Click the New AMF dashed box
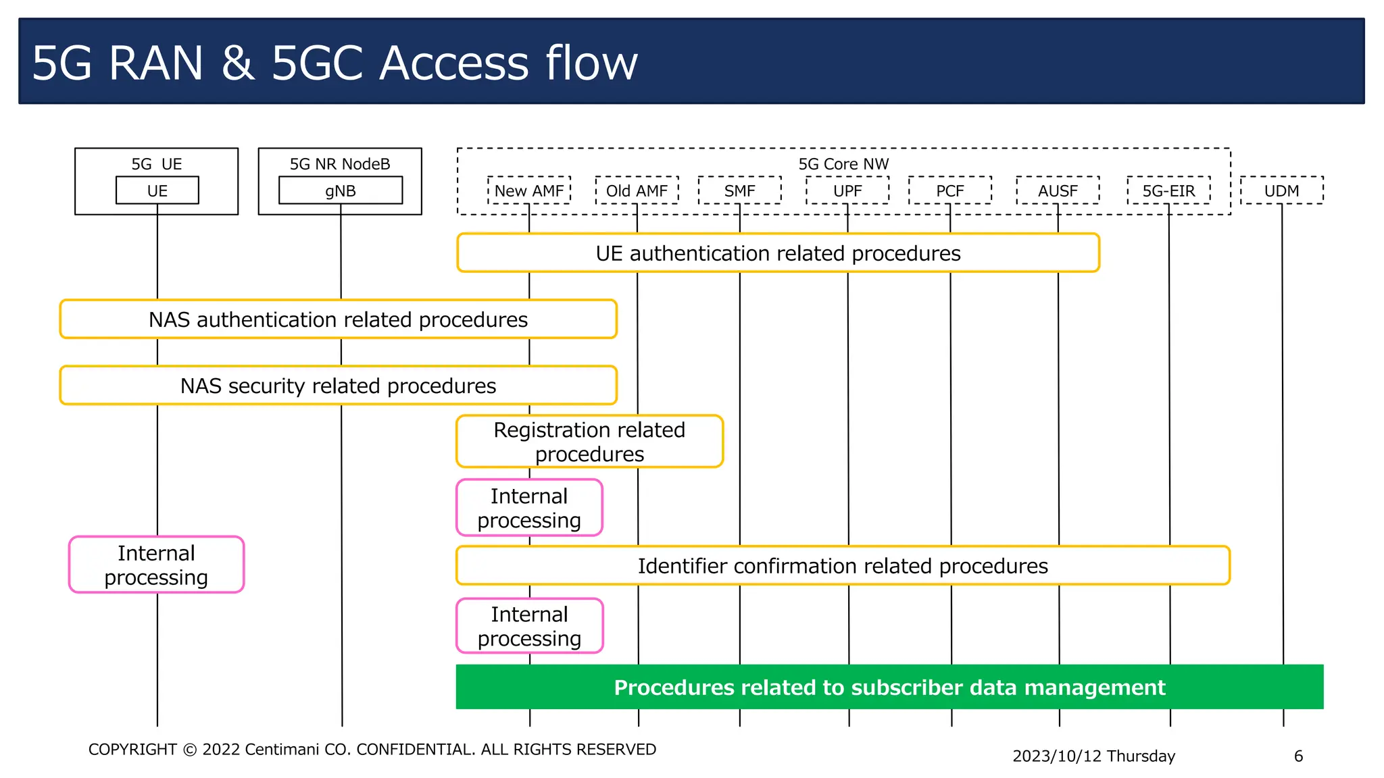coord(529,190)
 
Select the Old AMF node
coord(637,190)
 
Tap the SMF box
coord(739,190)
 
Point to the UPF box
coord(847,190)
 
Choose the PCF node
coord(949,190)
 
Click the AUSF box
coord(1058,190)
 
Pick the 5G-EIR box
coord(1168,190)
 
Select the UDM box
coord(1281,190)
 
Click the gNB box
coord(341,190)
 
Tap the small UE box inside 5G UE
coord(157,190)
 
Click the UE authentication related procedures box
coord(778,253)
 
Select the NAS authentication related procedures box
coord(338,319)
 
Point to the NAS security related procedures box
coord(338,386)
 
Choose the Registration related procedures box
coord(589,442)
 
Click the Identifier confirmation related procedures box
coord(843,566)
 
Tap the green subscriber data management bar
coord(889,687)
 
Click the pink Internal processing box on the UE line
coord(156,565)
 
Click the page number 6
coord(1298,756)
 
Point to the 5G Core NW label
coord(843,164)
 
